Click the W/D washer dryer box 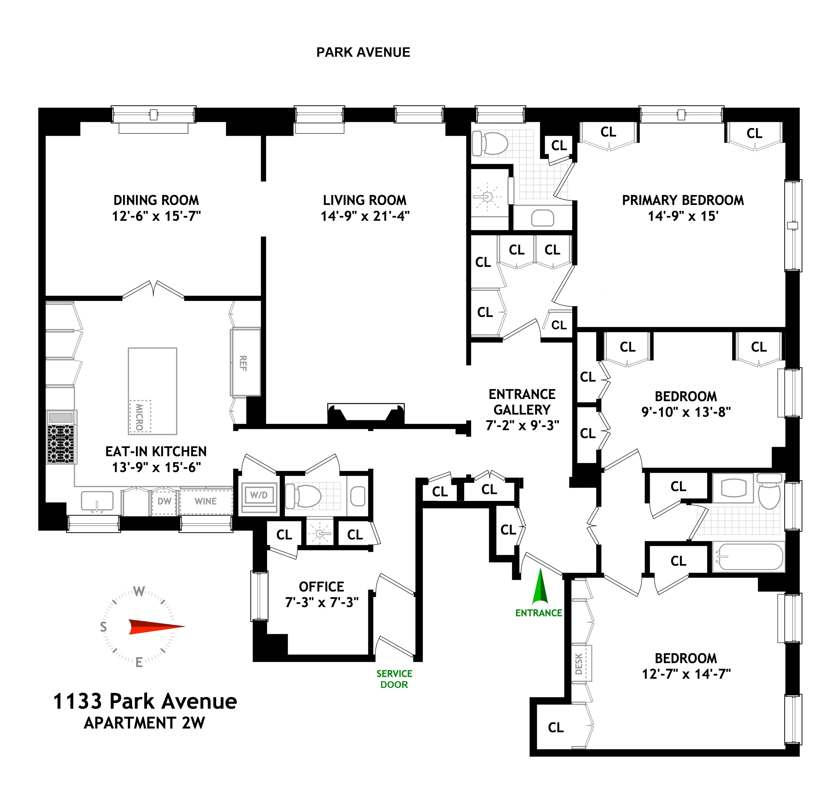258,495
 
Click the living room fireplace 366,413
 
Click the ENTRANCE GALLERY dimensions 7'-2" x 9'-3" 522,425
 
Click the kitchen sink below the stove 97,501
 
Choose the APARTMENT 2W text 145,723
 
